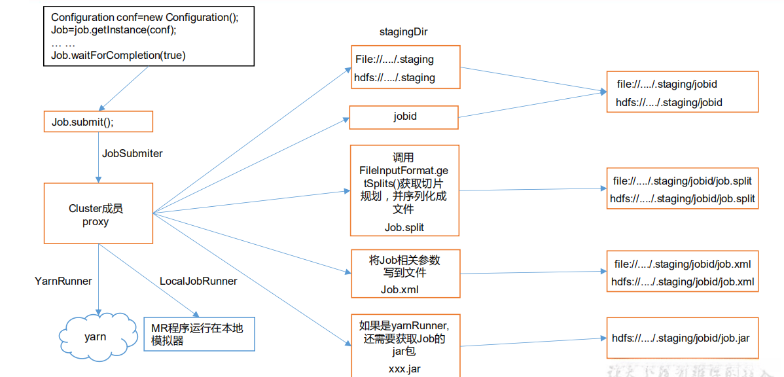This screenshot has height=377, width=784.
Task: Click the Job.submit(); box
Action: point(98,122)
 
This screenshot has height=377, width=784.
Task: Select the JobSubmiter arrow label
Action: point(132,153)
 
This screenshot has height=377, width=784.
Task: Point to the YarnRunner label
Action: point(63,281)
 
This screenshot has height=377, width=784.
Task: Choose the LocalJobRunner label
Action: point(198,281)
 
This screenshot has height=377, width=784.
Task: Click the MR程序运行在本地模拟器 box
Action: point(198,334)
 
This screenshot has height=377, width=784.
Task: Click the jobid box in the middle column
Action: point(404,117)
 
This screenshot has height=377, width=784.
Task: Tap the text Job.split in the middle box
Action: point(404,227)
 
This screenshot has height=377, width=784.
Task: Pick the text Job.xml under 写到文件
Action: point(400,289)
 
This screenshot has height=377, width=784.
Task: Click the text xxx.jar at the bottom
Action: point(404,369)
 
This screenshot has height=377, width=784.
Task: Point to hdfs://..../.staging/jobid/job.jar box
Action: point(681,338)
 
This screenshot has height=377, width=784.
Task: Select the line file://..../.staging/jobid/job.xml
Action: point(683,264)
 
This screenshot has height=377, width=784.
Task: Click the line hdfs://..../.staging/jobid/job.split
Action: point(683,198)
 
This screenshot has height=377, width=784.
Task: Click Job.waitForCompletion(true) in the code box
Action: point(118,56)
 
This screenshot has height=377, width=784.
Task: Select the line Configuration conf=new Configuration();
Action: point(145,18)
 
